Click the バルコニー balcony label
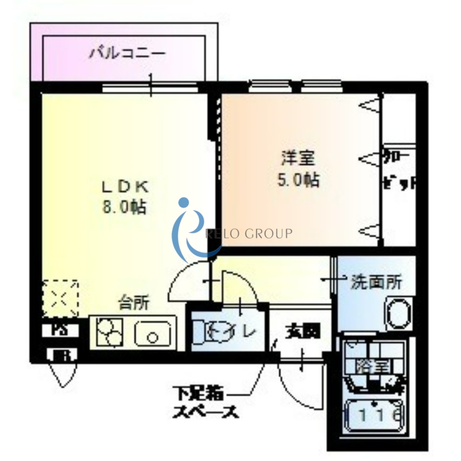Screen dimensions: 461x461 click(x=127, y=55)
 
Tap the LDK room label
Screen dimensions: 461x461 click(x=126, y=186)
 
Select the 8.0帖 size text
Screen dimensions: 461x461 click(x=124, y=206)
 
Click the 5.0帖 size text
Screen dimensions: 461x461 click(x=298, y=180)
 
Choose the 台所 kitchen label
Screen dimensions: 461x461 click(x=134, y=302)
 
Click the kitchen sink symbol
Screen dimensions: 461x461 click(x=153, y=333)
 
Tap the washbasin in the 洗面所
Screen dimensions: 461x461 click(x=398, y=314)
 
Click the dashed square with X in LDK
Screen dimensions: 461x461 click(x=60, y=298)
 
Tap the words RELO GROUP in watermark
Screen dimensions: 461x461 click(x=249, y=233)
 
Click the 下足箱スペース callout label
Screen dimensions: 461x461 click(x=205, y=403)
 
